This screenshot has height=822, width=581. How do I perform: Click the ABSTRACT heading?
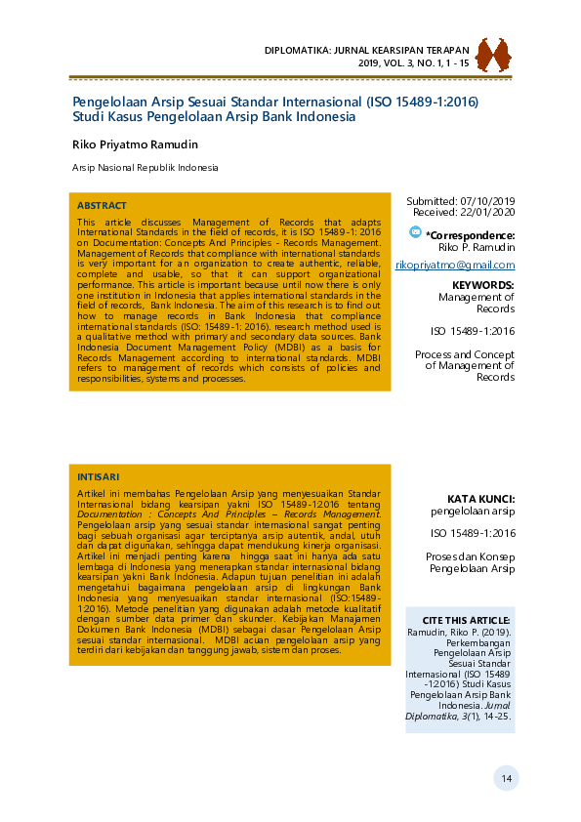pyautogui.click(x=102, y=206)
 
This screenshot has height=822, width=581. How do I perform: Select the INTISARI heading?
pyautogui.click(x=98, y=476)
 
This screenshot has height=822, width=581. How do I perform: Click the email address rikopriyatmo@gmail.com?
pyautogui.click(x=454, y=266)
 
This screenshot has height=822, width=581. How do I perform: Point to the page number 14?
pyautogui.click(x=506, y=778)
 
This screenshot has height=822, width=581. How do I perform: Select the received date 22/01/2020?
pyautogui.click(x=485, y=212)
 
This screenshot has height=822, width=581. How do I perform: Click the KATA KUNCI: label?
pyautogui.click(x=480, y=498)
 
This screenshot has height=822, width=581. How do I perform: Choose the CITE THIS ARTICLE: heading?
pyautogui.click(x=466, y=620)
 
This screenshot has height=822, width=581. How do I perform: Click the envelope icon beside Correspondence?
pyautogui.click(x=416, y=233)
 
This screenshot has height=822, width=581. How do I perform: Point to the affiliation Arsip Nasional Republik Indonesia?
pyautogui.click(x=145, y=168)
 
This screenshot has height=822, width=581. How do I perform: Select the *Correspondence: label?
pyautogui.click(x=471, y=235)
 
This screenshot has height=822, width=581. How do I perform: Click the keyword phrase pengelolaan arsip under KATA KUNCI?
pyautogui.click(x=473, y=511)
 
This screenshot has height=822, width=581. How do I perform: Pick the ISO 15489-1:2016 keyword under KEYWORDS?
pyautogui.click(x=473, y=331)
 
